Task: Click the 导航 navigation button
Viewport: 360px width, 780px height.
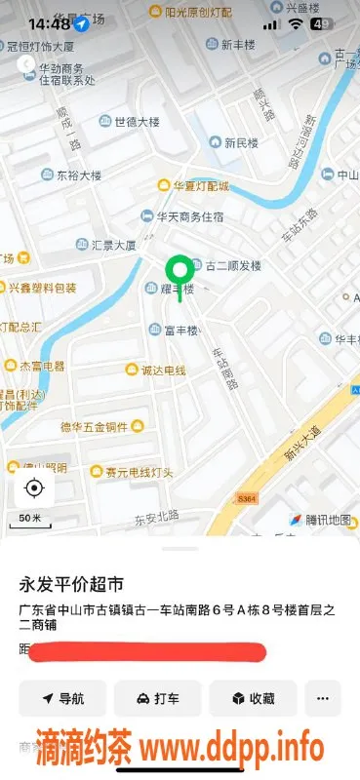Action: pyautogui.click(x=62, y=698)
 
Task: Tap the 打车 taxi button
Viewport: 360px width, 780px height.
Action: pyautogui.click(x=157, y=698)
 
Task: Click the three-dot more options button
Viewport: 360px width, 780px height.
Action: pyautogui.click(x=323, y=698)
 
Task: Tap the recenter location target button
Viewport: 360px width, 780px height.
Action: pyautogui.click(x=35, y=488)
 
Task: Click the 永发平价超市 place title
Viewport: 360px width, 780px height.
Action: pyautogui.click(x=72, y=585)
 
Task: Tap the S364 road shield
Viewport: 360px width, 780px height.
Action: pyautogui.click(x=246, y=498)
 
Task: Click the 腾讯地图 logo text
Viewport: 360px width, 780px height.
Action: pyautogui.click(x=318, y=520)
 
